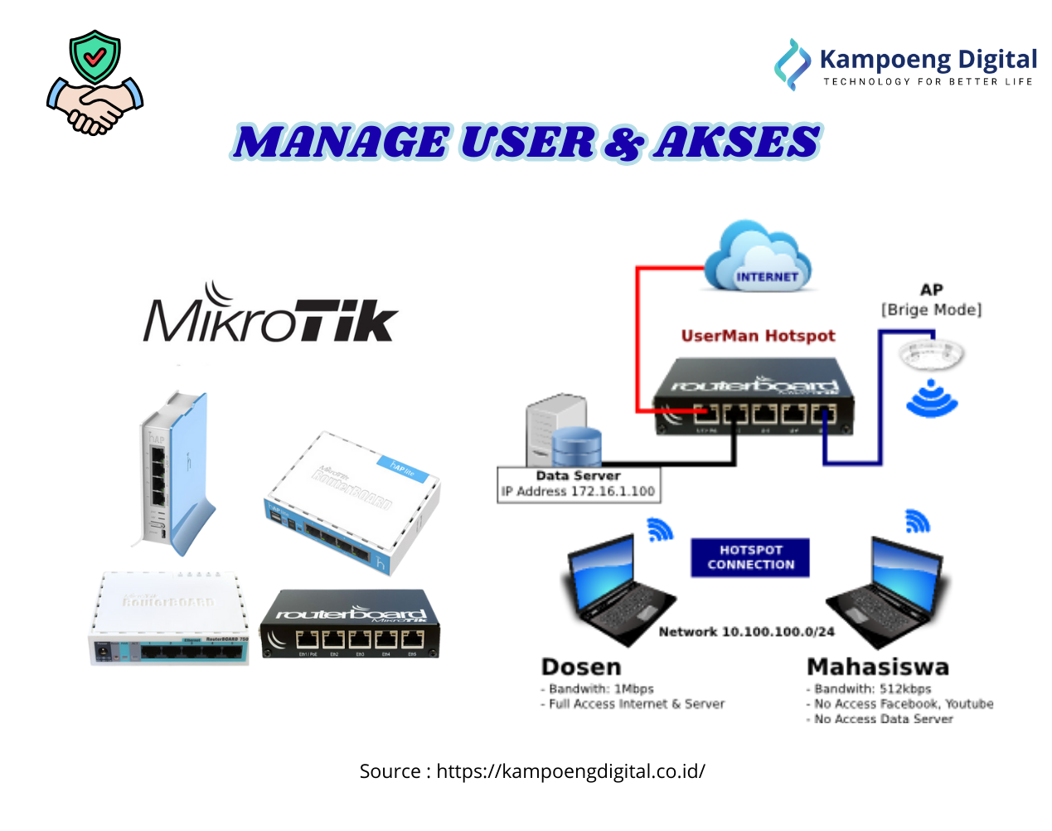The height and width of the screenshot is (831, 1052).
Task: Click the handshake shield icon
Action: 95,83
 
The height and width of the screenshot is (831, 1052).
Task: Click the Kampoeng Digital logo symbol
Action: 792,63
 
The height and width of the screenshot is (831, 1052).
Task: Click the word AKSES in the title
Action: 736,142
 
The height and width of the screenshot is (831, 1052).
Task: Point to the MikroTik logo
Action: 267,315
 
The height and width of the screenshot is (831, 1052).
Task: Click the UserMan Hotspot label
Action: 758,336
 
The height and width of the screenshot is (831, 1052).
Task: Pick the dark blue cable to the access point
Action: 880,398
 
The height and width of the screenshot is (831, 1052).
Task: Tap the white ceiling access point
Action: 930,352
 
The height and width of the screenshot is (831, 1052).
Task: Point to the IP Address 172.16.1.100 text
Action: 579,492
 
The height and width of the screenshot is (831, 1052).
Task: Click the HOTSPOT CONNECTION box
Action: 750,557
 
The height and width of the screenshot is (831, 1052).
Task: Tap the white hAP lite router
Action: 352,502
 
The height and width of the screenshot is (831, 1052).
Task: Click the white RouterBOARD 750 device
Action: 168,618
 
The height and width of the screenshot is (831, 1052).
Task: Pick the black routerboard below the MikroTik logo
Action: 351,624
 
